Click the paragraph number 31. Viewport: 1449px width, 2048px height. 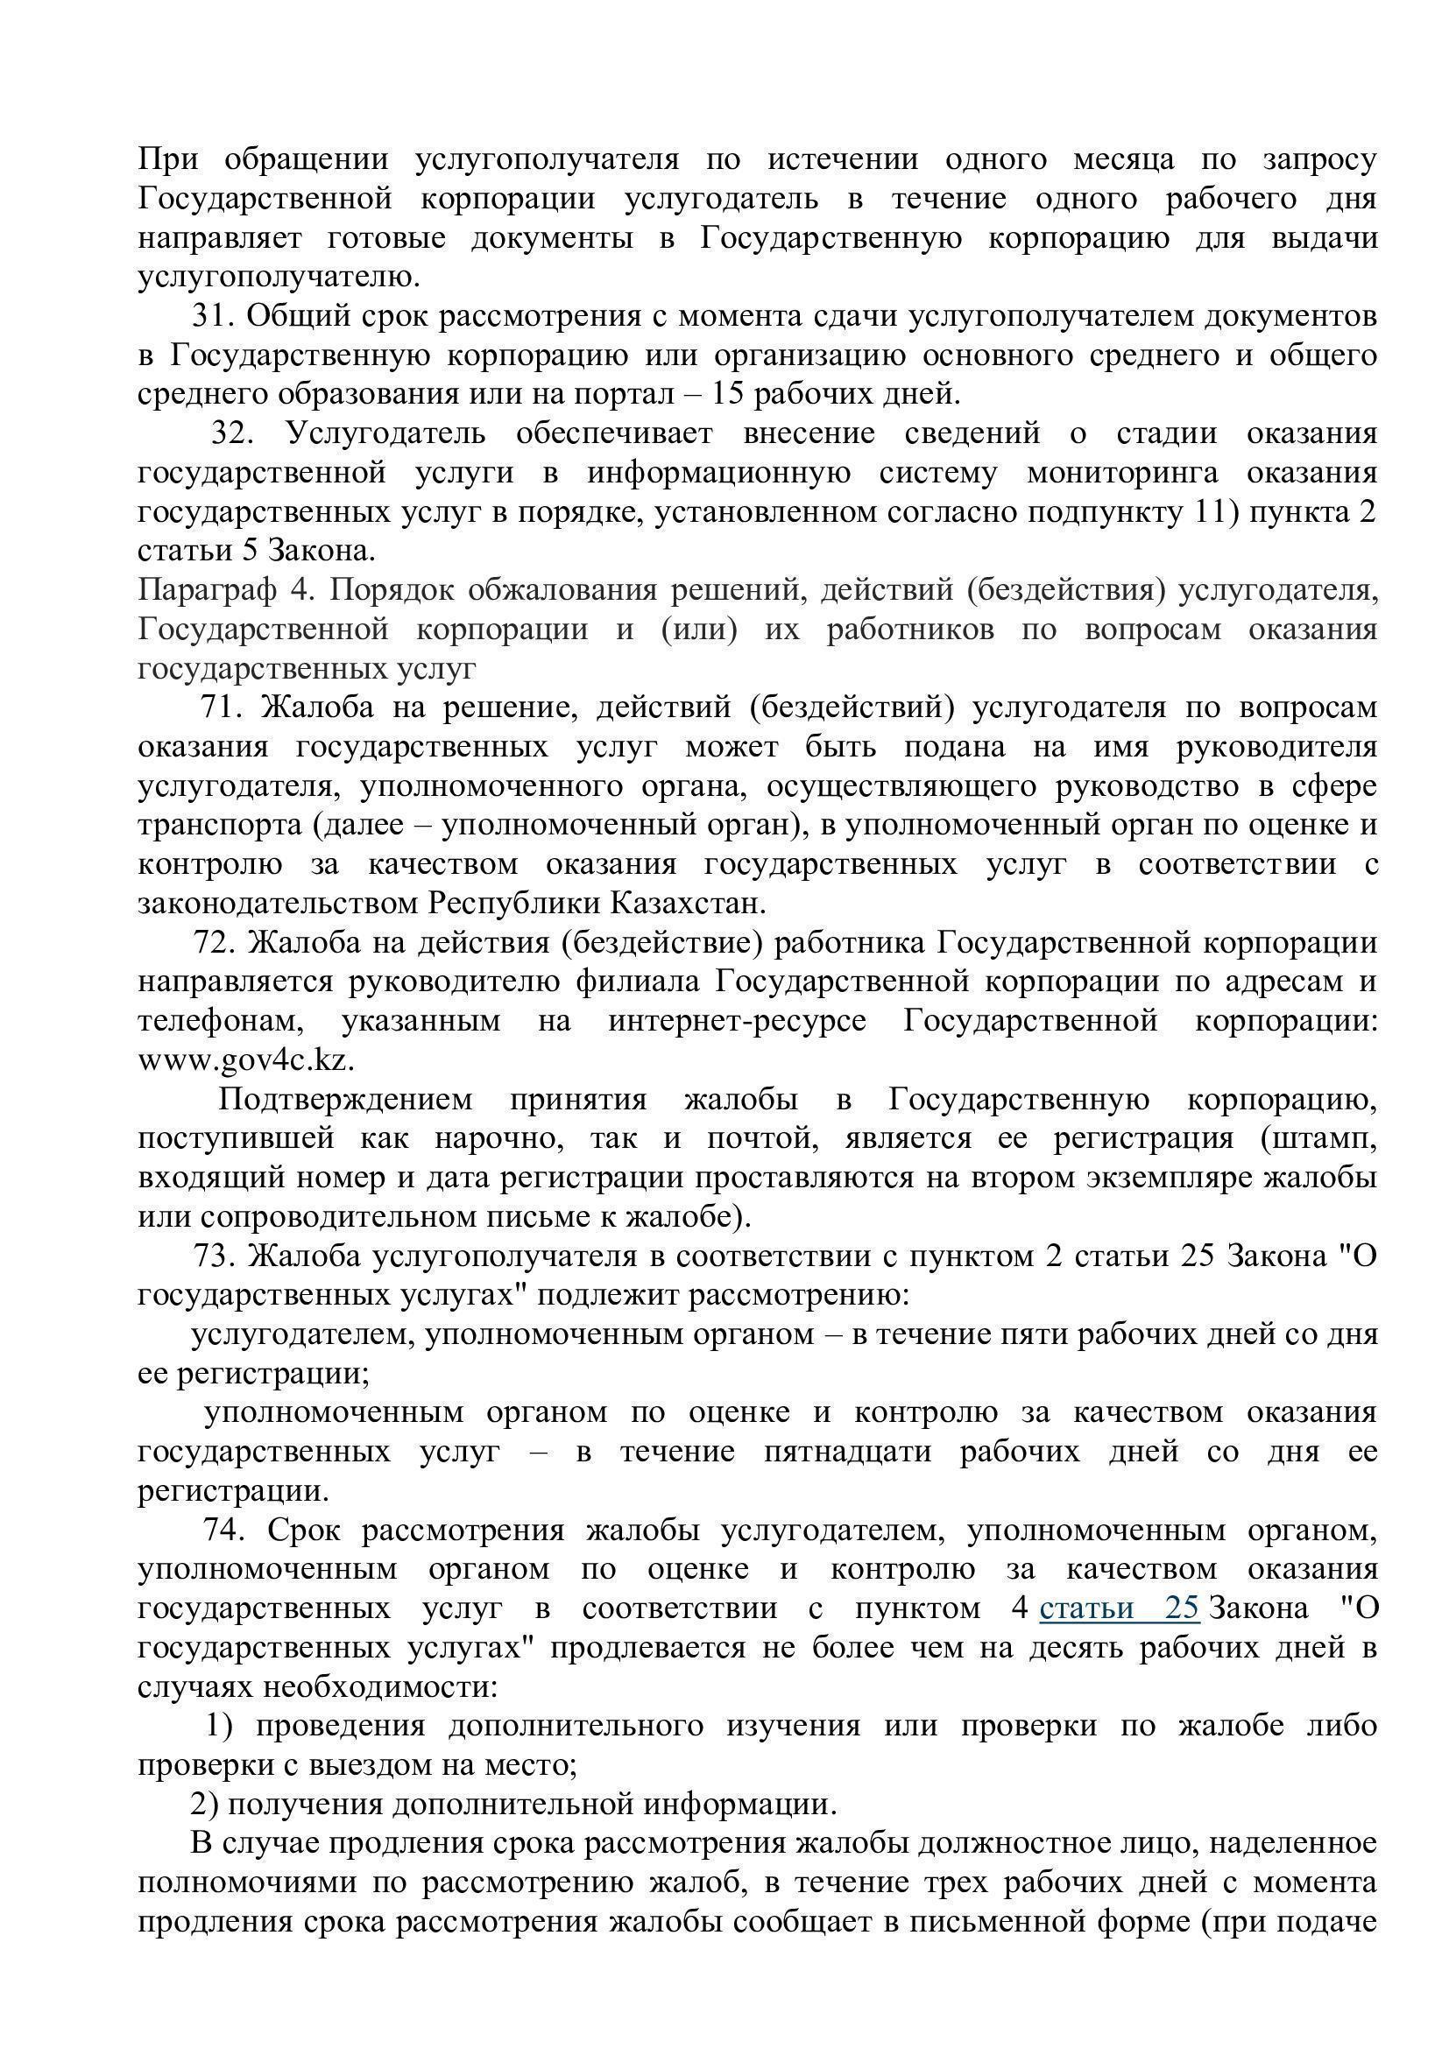coord(211,316)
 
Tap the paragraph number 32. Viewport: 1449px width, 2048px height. coord(232,433)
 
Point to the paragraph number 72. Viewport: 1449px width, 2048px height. coord(214,943)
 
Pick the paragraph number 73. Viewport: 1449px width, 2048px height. coord(214,1256)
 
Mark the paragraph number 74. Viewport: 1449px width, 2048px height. coord(223,1530)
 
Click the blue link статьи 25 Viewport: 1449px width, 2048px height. coord(1119,1608)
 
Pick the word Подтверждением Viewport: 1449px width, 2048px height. coord(345,1100)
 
